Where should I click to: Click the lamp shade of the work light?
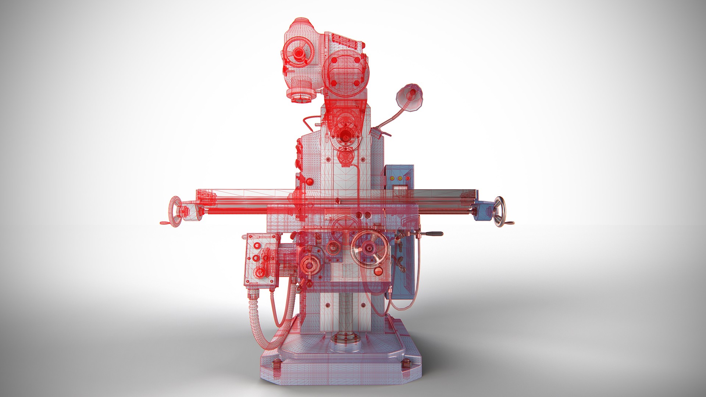click(x=409, y=97)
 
